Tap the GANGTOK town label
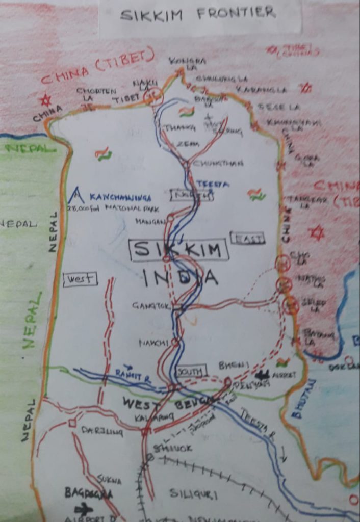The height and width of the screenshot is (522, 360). coord(150,306)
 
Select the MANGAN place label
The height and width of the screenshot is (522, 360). coord(150,222)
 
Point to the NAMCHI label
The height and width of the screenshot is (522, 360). coord(153,343)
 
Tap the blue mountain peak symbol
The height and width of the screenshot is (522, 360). coord(76,194)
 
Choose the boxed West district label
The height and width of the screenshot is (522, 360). coord(80,279)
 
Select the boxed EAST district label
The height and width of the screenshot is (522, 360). coord(247,238)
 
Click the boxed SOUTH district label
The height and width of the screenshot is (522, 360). coord(190,371)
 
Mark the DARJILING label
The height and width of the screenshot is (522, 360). coord(102,431)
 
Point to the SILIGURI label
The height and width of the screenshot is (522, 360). coord(193,493)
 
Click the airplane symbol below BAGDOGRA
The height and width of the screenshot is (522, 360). coord(84,508)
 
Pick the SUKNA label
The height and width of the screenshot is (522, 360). coord(109,480)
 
